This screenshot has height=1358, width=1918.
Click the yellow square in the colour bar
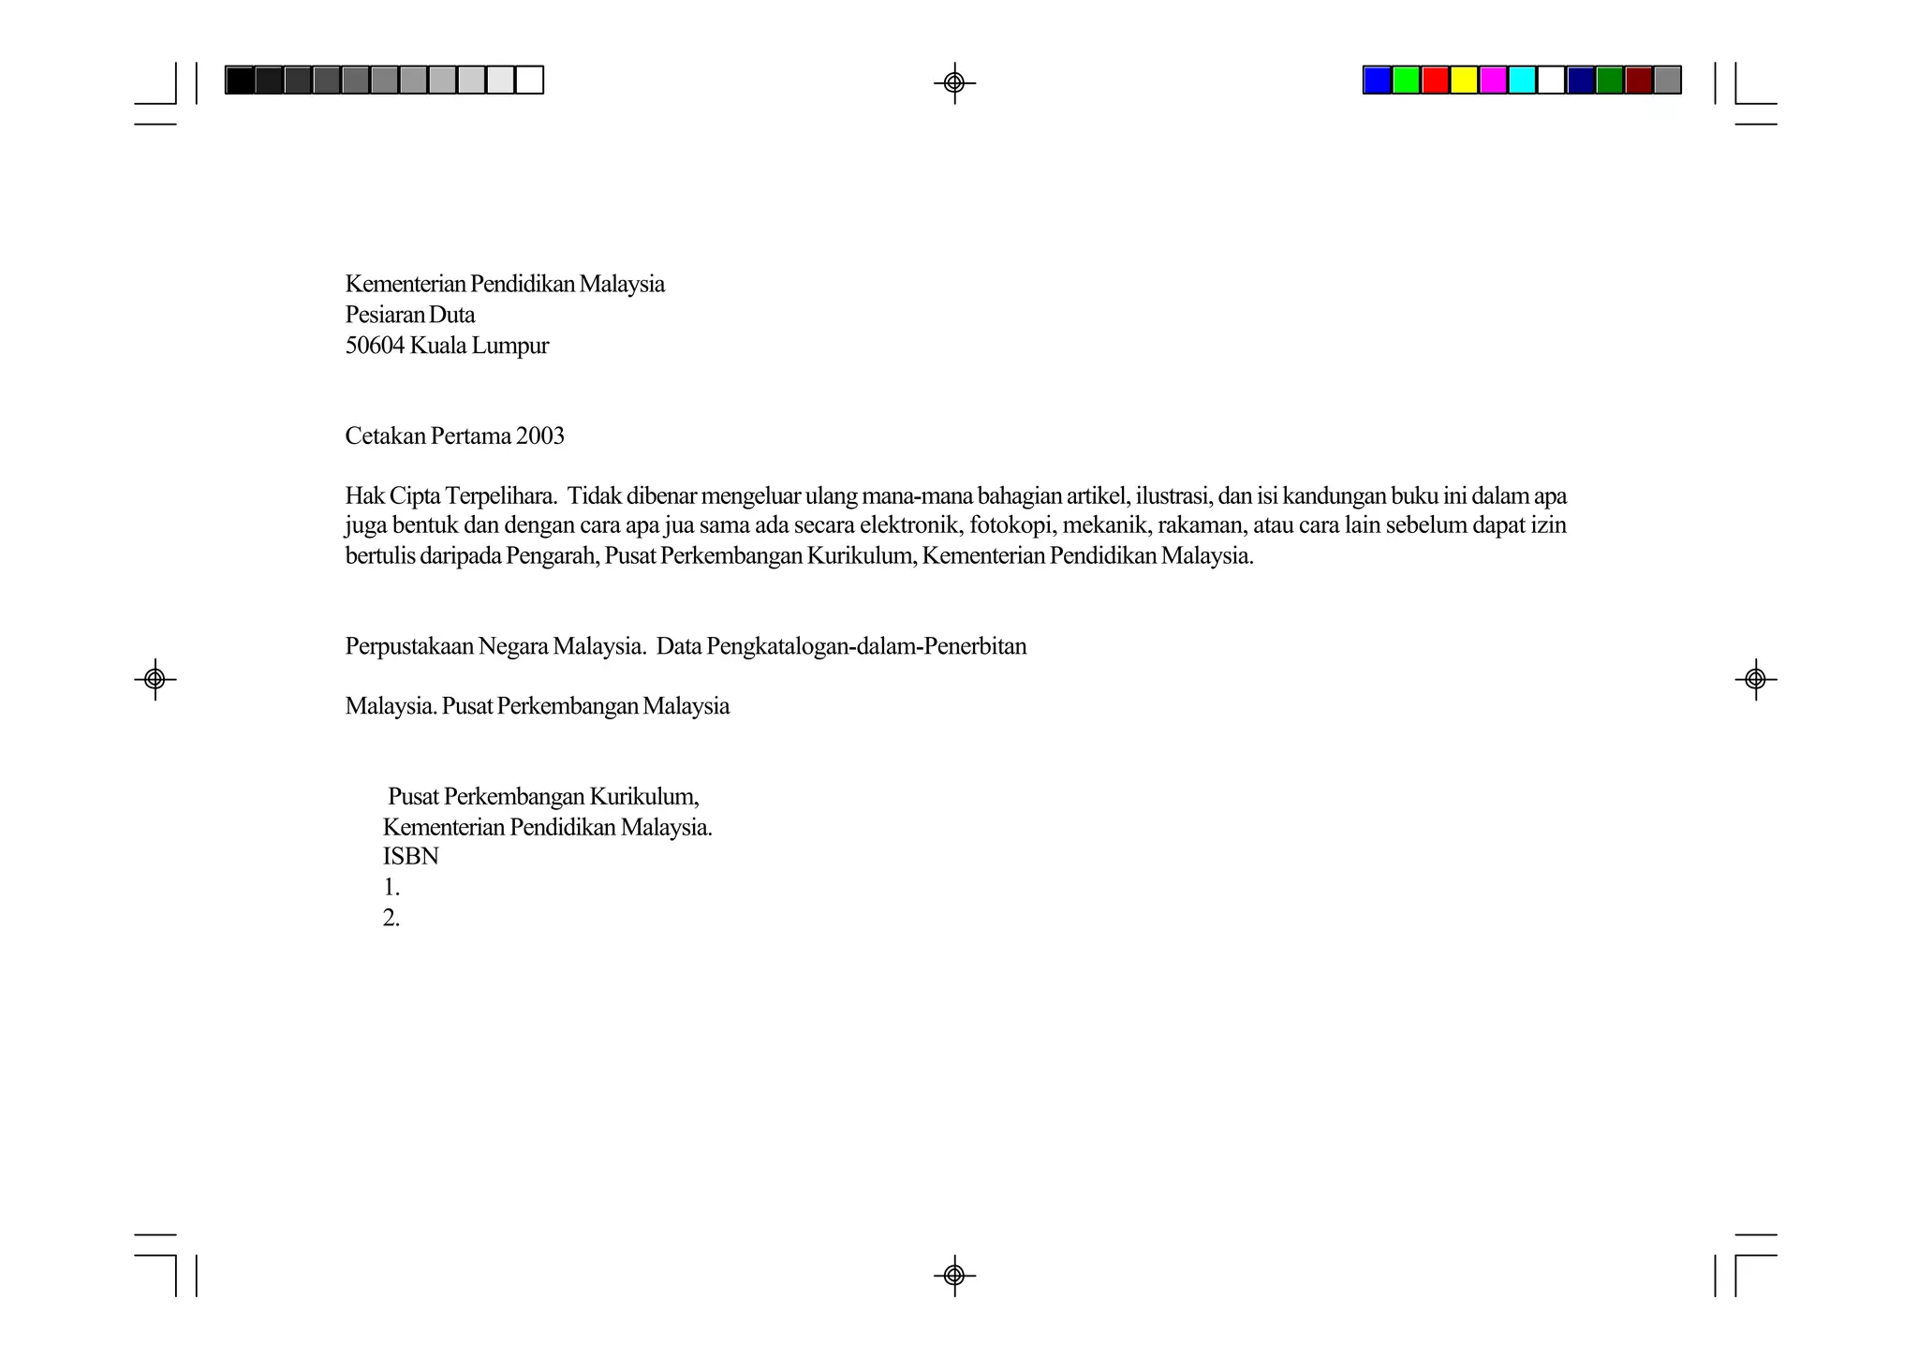coord(1464,81)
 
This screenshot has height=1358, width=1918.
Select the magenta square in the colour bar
coord(1493,81)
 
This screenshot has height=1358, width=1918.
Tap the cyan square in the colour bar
coord(1522,81)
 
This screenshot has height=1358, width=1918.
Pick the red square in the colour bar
coord(1435,81)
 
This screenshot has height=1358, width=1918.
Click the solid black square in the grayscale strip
coord(240,81)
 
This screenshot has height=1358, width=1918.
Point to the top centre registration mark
coord(954,83)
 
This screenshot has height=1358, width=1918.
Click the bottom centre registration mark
coord(954,1275)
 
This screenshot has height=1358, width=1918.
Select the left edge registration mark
coord(155,678)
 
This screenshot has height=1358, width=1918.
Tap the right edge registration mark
coord(1755,678)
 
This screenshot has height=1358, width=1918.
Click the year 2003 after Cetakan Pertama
coord(539,436)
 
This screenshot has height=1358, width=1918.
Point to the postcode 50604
coord(375,347)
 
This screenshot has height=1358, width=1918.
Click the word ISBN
coord(410,857)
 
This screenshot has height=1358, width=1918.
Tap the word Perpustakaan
coord(408,647)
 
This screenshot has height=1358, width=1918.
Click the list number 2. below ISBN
coord(391,919)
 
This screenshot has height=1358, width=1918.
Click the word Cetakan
coord(385,436)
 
